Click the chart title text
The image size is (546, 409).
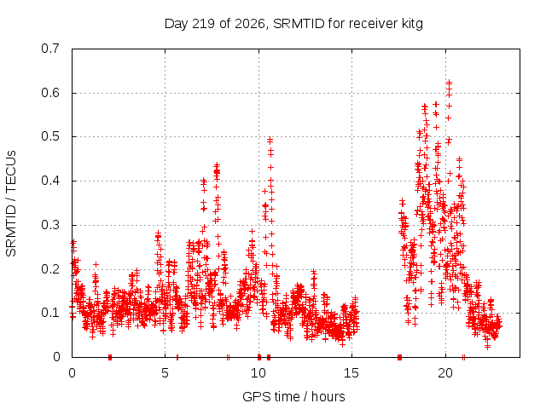tap(293, 24)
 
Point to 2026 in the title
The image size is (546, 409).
tap(250, 24)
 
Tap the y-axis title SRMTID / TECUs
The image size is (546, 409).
tap(11, 204)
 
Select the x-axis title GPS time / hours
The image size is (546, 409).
tap(293, 396)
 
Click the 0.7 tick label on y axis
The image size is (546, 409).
tap(50, 49)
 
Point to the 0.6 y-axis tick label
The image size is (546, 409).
tap(50, 93)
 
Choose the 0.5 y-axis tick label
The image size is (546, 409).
tap(50, 136)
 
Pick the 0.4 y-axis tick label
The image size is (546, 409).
tap(50, 181)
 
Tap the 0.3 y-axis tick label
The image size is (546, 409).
tap(50, 225)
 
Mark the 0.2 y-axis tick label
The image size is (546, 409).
tap(50, 269)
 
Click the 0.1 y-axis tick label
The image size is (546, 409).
tap(50, 313)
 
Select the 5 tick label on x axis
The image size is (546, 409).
tap(165, 373)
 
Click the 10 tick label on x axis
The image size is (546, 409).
tap(258, 373)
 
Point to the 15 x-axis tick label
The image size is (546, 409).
tap(351, 373)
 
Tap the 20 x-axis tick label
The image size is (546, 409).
tap(445, 373)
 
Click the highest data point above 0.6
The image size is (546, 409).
tap(450, 83)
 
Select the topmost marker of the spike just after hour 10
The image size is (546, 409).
tap(270, 140)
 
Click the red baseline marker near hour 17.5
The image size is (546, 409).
tap(400, 357)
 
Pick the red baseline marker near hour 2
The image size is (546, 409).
tap(110, 357)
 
